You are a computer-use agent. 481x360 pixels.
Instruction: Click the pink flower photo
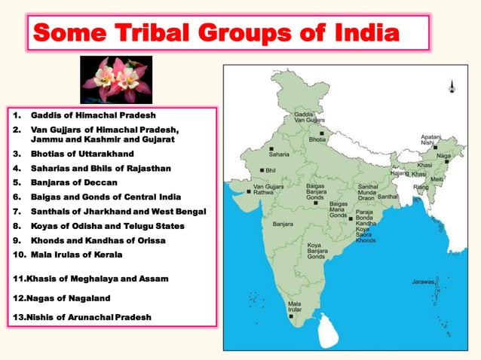(115, 80)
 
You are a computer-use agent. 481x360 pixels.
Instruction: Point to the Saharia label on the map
(279, 154)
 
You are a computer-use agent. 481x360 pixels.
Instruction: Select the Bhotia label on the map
(317, 140)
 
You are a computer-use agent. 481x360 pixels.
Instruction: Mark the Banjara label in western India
(283, 224)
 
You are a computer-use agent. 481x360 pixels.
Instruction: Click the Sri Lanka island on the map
(329, 327)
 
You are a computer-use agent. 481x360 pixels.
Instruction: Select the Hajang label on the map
(400, 174)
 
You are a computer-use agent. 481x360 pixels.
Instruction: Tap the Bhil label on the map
(270, 171)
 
